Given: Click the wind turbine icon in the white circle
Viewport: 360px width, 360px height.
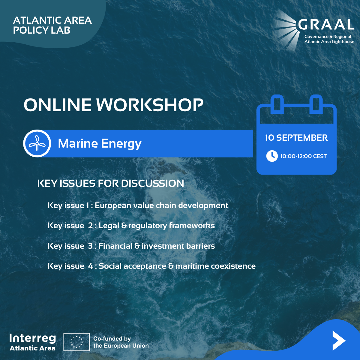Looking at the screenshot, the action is (37, 143).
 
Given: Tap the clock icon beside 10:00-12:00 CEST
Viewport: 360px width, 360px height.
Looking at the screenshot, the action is (272, 156).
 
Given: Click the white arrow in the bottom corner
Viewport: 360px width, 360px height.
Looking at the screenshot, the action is (339, 340).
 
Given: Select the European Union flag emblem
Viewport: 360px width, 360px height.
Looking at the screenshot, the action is (76, 342).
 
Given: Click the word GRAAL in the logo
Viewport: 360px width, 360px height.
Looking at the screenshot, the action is (326, 25).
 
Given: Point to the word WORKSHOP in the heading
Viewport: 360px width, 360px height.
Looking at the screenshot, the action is (150, 105).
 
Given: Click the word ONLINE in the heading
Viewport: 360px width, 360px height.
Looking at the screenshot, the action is (58, 105).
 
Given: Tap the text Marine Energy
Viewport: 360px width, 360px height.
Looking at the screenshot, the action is (100, 144).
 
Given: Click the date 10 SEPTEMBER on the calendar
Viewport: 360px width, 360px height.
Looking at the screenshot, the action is (296, 138).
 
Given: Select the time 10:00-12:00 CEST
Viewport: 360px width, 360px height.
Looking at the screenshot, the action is (303, 156).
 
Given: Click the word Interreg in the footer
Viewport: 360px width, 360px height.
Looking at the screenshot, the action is (33, 338).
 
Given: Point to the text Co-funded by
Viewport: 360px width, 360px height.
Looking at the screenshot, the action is (112, 338).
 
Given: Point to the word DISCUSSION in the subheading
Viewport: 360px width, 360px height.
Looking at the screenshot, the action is (152, 183).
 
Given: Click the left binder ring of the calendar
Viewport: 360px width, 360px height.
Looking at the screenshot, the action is (277, 104).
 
